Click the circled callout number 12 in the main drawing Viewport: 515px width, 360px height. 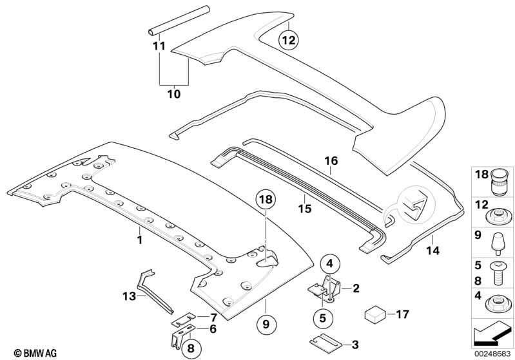(x=289, y=41)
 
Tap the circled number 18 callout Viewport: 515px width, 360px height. (x=266, y=201)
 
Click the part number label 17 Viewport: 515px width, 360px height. (x=403, y=315)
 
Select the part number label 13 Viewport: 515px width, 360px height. (x=129, y=296)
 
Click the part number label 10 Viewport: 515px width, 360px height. (x=174, y=94)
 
